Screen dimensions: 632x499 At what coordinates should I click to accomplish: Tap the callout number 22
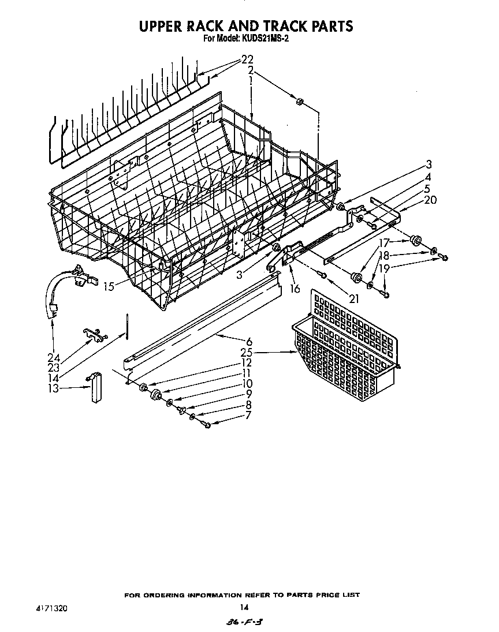(247, 59)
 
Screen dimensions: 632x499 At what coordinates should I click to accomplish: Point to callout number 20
(430, 200)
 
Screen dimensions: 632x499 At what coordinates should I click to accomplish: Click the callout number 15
(109, 286)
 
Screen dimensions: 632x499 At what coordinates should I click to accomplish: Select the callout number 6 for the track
(249, 341)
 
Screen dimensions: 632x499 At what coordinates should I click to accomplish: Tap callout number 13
(53, 388)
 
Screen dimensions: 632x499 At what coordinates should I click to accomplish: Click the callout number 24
(53, 357)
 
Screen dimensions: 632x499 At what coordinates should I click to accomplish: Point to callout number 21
(354, 298)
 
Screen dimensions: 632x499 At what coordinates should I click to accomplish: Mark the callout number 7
(248, 414)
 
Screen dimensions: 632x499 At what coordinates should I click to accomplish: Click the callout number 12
(247, 362)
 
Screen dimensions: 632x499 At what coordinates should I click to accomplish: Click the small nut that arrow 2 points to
(300, 102)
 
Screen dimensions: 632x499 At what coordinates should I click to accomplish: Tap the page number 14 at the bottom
(244, 607)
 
